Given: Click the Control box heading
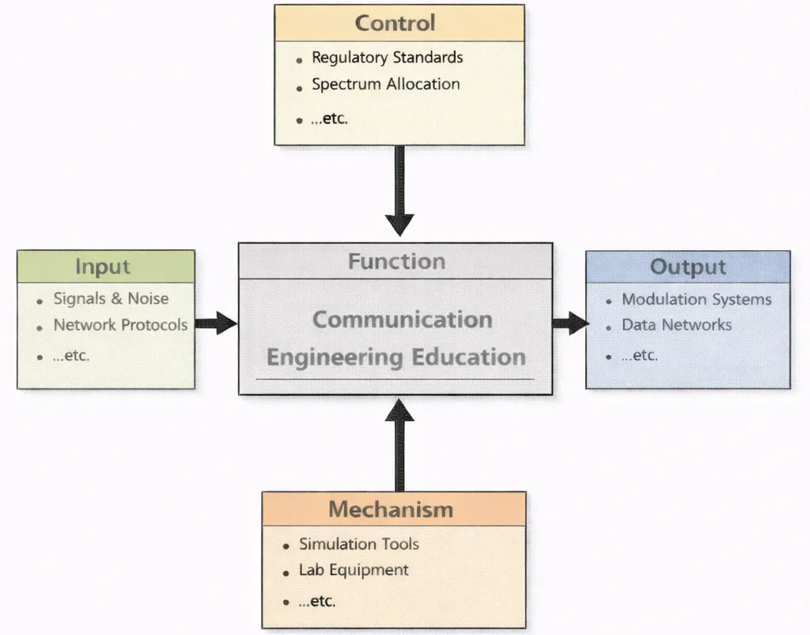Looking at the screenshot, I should [395, 23].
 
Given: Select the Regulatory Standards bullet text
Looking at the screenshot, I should [387, 58].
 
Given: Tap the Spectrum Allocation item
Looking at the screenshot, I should [385, 84].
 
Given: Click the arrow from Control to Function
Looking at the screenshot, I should [399, 190].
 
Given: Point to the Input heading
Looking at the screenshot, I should [103, 267].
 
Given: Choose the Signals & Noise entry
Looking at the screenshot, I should [111, 299].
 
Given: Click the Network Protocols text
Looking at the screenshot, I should [120, 325].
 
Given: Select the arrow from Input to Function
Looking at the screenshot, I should [216, 322].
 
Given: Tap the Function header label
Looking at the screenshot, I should [396, 261].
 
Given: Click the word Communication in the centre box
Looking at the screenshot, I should [402, 320].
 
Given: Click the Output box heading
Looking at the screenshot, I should [687, 267].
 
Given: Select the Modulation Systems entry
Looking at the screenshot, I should [696, 299].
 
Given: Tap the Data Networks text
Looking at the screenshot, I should [676, 325].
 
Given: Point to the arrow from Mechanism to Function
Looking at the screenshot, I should [399, 443].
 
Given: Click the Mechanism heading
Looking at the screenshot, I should [391, 509].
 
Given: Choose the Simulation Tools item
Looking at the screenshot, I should [358, 544].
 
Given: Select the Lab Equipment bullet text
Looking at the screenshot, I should [354, 570].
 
